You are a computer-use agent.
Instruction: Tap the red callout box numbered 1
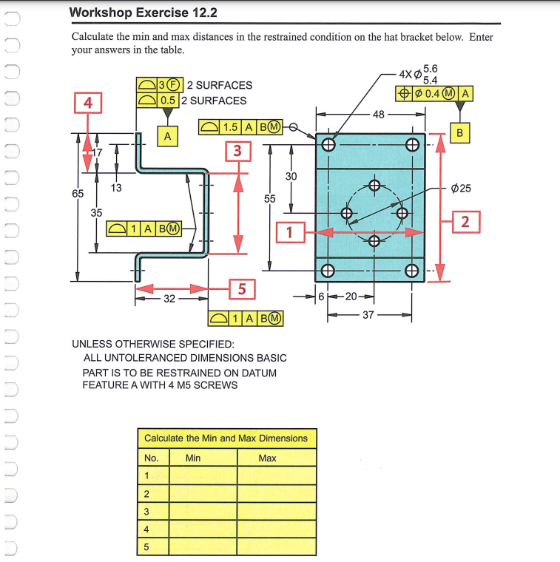click(x=289, y=232)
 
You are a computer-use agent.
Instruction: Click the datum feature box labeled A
click(x=168, y=135)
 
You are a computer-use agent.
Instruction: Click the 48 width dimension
click(x=378, y=115)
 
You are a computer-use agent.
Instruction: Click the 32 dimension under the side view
click(x=169, y=299)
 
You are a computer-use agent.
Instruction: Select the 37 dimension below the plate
click(x=368, y=314)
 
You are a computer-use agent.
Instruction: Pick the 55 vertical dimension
click(x=269, y=199)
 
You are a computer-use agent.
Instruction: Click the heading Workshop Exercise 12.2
click(x=143, y=13)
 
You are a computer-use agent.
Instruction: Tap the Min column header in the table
click(x=193, y=458)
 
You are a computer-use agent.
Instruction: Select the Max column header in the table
click(x=267, y=458)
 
